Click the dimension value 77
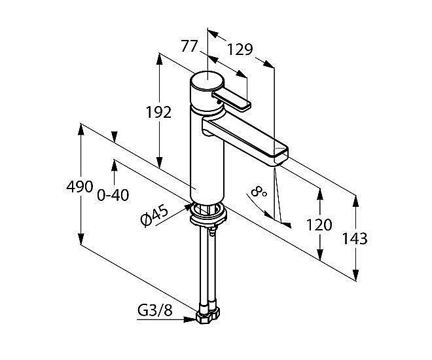coord(189,46)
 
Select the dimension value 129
coord(240,50)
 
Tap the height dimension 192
coord(158,112)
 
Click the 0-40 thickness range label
coord(113,196)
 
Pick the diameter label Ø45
coord(154,215)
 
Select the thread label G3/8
coord(155,311)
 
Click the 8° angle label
coord(259,191)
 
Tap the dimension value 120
coord(319,225)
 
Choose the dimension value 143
coord(355,238)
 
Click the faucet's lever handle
coord(231,100)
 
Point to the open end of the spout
coord(281,156)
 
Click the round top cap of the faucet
coord(207,80)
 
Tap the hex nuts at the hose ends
coord(208,315)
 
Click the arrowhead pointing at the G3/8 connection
coord(190,319)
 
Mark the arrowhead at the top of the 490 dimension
coord(81,129)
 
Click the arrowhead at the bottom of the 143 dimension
coord(355,275)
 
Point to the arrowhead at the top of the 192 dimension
coord(159,59)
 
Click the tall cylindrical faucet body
coord(207,154)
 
